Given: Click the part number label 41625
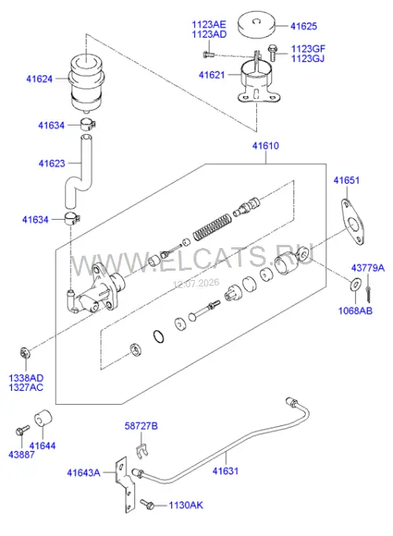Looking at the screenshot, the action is tap(303, 27).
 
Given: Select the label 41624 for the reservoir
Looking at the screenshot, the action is tap(39, 79).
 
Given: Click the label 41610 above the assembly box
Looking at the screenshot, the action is tap(266, 146).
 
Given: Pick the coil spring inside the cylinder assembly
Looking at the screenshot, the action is tap(212, 226).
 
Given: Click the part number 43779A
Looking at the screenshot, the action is tap(368, 268).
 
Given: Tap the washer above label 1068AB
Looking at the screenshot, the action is tap(355, 284).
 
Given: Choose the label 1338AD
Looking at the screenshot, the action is tap(26, 378).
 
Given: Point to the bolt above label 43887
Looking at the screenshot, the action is tap(23, 430).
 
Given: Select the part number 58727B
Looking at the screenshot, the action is tap(141, 426).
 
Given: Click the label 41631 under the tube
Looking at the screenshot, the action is tap(226, 471).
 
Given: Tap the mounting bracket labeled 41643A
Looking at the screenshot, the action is tap(125, 486).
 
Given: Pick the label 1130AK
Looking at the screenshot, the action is tap(185, 505).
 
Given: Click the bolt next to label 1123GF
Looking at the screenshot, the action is tap(273, 53).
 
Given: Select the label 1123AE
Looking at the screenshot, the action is tap(209, 25).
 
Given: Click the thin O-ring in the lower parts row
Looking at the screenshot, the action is tap(158, 337).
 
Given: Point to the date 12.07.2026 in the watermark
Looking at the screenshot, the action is tap(196, 283).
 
